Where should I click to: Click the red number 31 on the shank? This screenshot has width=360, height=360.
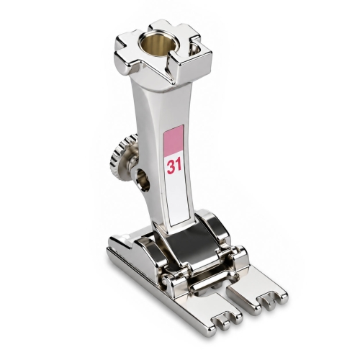(x=174, y=166)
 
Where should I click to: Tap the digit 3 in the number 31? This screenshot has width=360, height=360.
(x=171, y=166)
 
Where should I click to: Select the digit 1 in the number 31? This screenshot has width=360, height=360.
(x=179, y=166)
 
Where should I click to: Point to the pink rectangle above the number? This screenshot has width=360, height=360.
(x=174, y=141)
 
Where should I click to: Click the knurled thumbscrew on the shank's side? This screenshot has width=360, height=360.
(x=123, y=156)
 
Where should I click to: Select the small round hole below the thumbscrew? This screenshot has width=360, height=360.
(x=143, y=179)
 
